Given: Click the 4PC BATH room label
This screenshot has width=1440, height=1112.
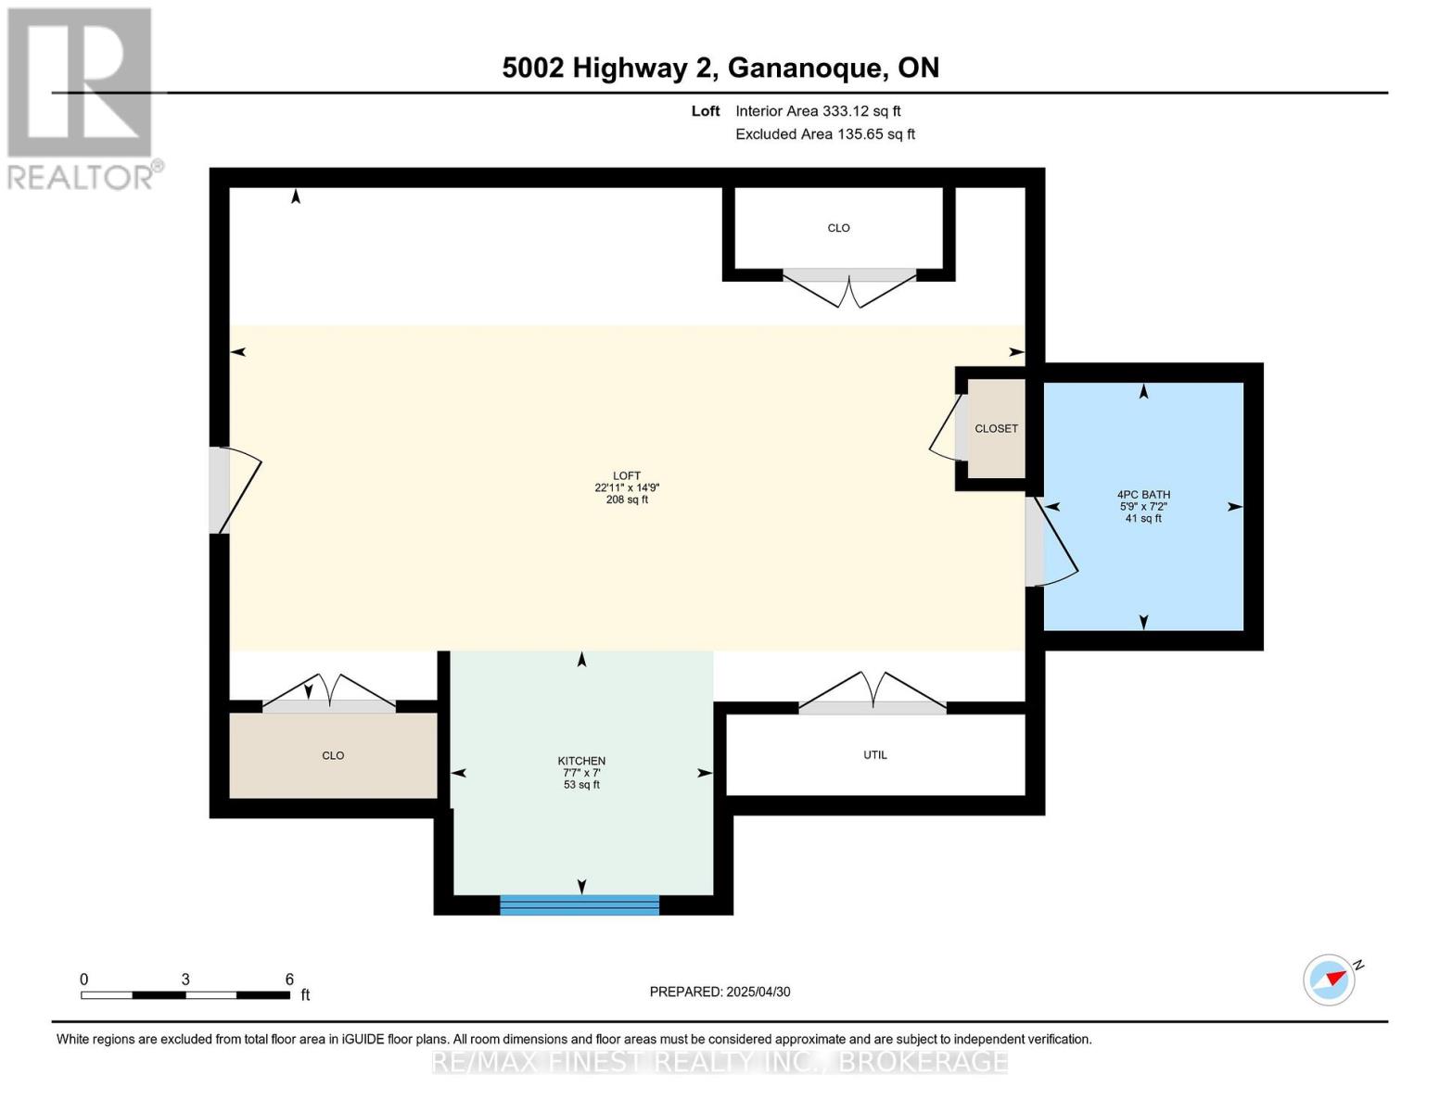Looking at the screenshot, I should [1142, 495].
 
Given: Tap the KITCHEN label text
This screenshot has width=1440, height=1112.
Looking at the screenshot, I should [581, 761].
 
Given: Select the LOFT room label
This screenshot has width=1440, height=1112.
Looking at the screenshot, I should [627, 475].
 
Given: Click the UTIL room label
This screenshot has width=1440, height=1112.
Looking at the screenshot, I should [874, 754].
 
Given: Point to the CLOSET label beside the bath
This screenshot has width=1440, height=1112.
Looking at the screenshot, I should [996, 428].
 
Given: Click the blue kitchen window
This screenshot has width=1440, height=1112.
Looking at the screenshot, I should [580, 904].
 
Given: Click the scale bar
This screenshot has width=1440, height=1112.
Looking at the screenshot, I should [185, 995].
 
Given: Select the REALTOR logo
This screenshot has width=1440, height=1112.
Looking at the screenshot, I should [81, 97].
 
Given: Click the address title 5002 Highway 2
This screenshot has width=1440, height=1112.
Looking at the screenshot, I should [720, 68].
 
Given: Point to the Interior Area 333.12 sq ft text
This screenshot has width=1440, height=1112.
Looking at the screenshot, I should [818, 111].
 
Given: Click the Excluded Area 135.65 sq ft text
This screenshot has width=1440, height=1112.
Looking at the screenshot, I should [824, 134].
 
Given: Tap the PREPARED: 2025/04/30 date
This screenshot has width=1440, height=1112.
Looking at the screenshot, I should [720, 992].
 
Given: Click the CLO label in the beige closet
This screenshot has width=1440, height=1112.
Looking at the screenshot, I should [333, 755].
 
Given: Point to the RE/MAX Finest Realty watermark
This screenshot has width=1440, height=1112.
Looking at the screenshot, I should [720, 1061].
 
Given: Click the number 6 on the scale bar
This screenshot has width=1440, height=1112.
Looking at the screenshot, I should [289, 979].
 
